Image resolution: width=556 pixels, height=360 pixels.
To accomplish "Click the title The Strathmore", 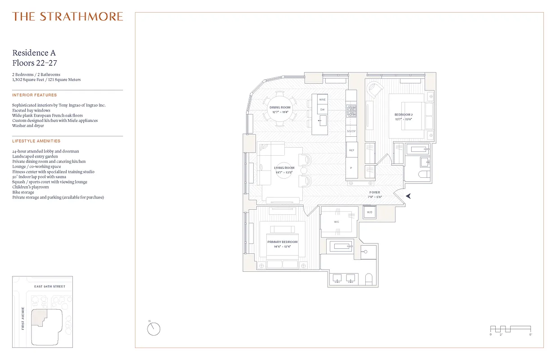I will click(x=67, y=17).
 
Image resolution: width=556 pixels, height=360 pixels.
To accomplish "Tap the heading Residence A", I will click(x=34, y=53).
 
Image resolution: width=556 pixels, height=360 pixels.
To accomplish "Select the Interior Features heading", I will click(x=35, y=95).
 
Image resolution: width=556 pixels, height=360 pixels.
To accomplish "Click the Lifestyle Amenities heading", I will click(x=36, y=141).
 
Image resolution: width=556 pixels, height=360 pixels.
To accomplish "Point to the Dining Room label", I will click(x=280, y=108).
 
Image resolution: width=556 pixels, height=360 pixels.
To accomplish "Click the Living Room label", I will click(x=284, y=168).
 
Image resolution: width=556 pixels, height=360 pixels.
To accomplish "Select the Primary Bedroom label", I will click(x=282, y=242).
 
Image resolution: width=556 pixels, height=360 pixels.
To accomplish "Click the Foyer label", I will click(x=374, y=193).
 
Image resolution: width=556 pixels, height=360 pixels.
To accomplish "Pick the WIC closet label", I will click(x=336, y=222).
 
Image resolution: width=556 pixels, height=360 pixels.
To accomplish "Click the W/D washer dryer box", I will click(x=369, y=212).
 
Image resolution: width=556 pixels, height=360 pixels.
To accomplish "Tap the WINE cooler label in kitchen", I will click(x=322, y=99).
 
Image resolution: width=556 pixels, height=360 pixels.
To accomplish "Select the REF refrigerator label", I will click(x=351, y=150).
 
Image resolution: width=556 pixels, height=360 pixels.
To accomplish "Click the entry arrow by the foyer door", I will click(x=408, y=196).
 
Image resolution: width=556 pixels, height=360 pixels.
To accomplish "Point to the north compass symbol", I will click(x=153, y=329).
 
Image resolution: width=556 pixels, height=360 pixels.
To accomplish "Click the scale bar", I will click(x=510, y=329).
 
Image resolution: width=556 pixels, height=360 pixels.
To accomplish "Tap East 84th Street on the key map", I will click(x=49, y=287).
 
